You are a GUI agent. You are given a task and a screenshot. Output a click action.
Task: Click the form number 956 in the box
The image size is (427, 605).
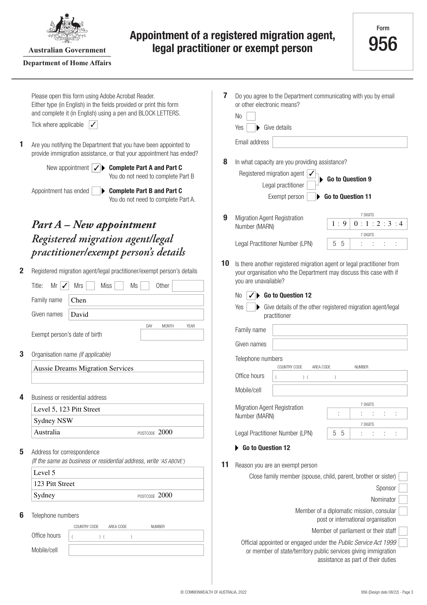point(383,44)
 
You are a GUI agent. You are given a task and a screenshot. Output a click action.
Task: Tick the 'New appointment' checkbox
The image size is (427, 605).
point(96,168)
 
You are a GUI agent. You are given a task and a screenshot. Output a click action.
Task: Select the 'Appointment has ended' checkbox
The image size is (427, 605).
point(96,191)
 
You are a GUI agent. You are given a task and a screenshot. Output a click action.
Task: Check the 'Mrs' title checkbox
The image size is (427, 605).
point(90,286)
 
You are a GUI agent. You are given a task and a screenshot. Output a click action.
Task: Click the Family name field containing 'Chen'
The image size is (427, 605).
point(136,300)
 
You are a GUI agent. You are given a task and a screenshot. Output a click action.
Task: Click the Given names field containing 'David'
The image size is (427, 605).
point(136,314)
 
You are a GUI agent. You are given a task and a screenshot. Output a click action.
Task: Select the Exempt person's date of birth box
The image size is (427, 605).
point(172,335)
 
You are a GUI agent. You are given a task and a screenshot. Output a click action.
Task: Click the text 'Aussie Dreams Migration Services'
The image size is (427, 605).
point(84,368)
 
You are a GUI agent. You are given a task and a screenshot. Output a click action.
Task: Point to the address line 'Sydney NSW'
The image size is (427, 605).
point(53,420)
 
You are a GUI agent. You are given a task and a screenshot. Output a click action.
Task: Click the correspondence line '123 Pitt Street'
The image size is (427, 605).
point(54,484)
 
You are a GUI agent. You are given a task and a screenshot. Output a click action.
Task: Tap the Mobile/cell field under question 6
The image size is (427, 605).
point(136,550)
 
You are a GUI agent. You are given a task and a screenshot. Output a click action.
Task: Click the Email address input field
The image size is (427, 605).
point(339,142)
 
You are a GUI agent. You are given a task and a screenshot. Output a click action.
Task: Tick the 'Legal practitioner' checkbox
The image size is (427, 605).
point(311,185)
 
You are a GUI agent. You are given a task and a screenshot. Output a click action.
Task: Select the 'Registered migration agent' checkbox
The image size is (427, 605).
point(311,174)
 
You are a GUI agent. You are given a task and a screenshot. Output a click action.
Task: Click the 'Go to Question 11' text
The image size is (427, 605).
point(348,197)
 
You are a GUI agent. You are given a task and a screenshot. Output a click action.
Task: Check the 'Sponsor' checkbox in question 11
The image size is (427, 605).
point(403,488)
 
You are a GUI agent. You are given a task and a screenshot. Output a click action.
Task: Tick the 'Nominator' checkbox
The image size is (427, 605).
point(403,500)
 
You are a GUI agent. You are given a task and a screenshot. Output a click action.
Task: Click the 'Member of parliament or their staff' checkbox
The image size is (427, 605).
point(403,531)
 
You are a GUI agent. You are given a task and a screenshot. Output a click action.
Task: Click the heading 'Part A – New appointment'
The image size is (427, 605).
point(94,224)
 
